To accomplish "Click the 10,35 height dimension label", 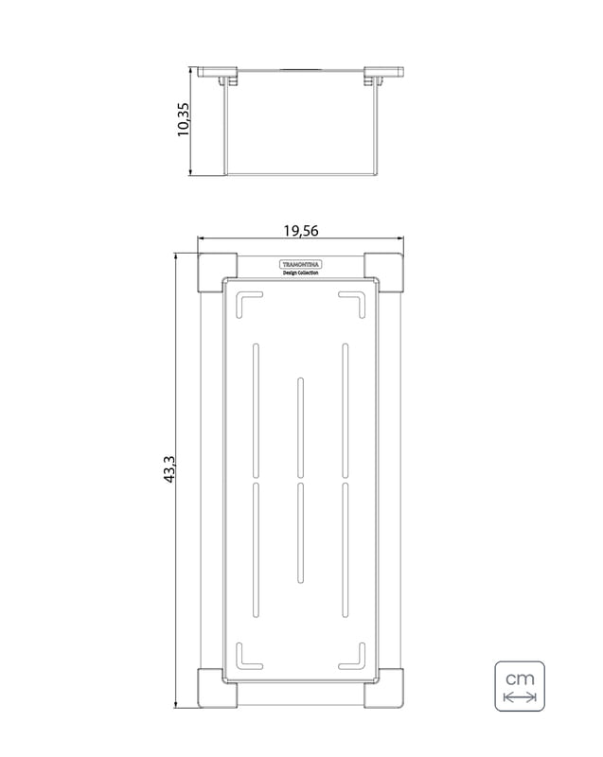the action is coord(184,119).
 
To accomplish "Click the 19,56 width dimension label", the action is coord(301,231).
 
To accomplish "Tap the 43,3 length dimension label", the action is coord(169,469).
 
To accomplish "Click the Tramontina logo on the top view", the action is coord(300,264).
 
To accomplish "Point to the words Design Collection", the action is coord(300,273).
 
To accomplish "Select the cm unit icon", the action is coord(520,686).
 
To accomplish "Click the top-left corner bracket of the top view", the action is coord(218,273).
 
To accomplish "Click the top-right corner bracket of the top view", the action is coord(383,273).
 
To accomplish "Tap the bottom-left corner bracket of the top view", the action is coord(218,688).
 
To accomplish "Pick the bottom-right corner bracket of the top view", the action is coord(383,688).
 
